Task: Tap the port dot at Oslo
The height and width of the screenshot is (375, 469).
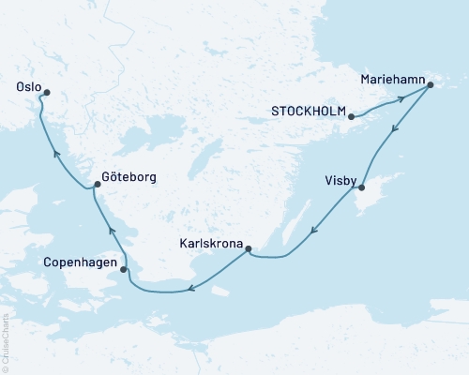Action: pyautogui.click(x=45, y=91)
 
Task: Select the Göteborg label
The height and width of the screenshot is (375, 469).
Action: pyautogui.click(x=130, y=176)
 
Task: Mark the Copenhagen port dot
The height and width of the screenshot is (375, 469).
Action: pyautogui.click(x=124, y=271)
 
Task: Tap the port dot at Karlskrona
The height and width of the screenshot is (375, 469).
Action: pyautogui.click(x=248, y=248)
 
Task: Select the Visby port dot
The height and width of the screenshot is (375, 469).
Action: pyautogui.click(x=361, y=188)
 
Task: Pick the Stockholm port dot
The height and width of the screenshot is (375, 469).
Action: pyautogui.click(x=351, y=117)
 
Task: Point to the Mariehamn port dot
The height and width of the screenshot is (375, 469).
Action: pyautogui.click(x=430, y=86)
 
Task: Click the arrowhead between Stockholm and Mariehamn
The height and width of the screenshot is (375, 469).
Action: pyautogui.click(x=401, y=97)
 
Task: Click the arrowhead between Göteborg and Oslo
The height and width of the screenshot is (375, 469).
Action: pyautogui.click(x=57, y=153)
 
